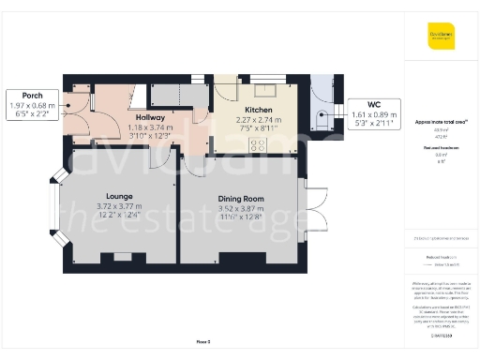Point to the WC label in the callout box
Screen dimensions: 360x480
tap(374, 104)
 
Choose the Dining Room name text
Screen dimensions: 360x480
tap(241, 199)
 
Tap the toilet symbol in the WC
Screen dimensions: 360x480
tap(322, 117)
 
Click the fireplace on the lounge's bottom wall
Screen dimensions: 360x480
tap(118, 257)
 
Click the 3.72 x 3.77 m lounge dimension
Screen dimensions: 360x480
tap(118, 206)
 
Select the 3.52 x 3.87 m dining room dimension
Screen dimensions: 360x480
tap(241, 208)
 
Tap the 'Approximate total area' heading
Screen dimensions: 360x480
tap(441, 122)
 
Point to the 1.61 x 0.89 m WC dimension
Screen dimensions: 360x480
tap(374, 113)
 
